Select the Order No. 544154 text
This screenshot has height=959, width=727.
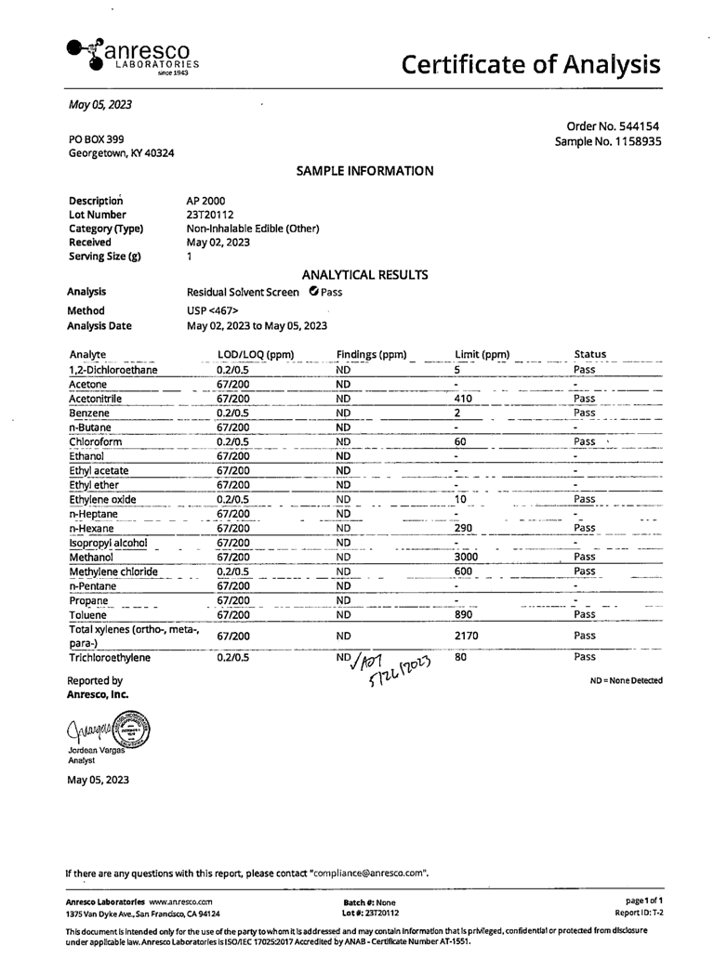pos(614,126)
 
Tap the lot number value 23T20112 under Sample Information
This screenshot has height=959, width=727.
pos(212,215)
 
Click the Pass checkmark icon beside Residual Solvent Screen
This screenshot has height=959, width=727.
pos(312,292)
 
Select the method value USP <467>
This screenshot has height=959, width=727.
pos(213,310)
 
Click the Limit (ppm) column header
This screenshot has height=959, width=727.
pos(482,354)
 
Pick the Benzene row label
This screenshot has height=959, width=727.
pos(89,413)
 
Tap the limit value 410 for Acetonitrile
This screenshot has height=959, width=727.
pos(464,399)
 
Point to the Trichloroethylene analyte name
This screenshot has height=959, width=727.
pos(109,657)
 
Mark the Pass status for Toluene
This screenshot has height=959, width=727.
pos(585,614)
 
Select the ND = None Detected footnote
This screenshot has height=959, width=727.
pos(626,681)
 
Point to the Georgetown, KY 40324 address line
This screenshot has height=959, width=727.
pos(121,153)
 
